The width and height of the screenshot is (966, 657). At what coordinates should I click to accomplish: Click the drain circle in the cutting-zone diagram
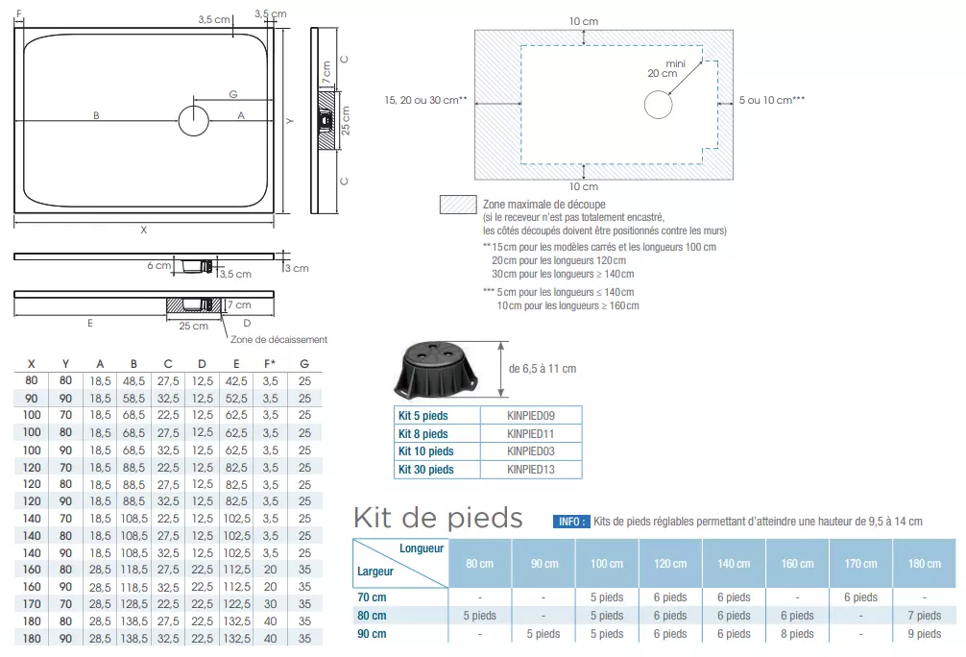658,104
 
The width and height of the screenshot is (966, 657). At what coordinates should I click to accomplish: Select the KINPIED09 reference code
531,416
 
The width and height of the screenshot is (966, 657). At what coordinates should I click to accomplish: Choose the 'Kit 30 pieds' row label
425,470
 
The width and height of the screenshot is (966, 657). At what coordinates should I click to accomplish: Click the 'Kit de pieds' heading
438,519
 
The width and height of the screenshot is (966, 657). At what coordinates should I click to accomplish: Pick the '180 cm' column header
924,564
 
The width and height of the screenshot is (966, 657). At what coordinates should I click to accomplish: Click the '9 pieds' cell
924,634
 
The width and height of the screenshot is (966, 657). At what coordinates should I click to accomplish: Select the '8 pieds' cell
797,634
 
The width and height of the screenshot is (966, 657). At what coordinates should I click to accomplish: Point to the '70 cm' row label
372,597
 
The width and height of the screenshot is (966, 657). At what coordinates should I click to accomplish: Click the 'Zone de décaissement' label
279,339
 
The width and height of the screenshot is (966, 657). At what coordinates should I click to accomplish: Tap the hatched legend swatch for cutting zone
457,205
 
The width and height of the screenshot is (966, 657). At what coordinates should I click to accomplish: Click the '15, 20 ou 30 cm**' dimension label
424,100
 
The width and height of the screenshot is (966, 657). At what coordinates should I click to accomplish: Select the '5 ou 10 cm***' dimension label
771,100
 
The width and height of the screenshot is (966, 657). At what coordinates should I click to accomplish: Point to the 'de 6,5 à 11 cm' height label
542,368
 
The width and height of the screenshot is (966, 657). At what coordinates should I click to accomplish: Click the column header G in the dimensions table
304,363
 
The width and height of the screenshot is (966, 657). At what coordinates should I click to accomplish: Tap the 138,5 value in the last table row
133,638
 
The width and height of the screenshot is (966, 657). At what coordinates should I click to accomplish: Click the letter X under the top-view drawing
143,231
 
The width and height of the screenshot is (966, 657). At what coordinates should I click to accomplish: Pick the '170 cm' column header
860,564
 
